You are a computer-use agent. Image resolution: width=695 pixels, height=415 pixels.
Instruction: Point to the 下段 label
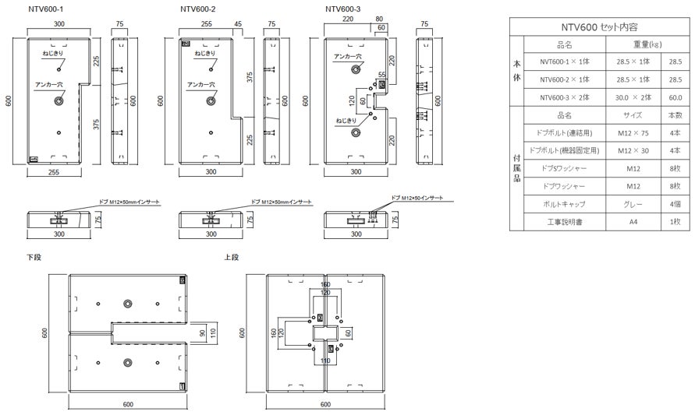click(34, 256)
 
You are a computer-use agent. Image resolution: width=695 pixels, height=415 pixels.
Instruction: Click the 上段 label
click(231, 256)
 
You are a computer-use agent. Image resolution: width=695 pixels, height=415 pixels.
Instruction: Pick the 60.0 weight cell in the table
click(674, 97)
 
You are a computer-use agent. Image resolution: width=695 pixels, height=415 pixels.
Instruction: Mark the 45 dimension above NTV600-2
click(238, 24)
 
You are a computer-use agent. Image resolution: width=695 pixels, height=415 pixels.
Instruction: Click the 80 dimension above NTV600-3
click(379, 17)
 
